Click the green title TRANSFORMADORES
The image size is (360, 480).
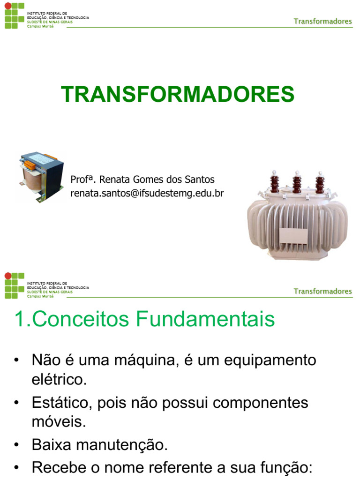point(178,94)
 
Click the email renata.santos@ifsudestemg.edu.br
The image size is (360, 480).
point(147,193)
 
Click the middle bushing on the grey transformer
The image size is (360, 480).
point(297,183)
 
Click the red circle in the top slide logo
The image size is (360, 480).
point(7,6)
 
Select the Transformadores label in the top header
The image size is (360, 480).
point(322,21)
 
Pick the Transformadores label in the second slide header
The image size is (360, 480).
point(322,291)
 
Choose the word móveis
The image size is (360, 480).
point(59,421)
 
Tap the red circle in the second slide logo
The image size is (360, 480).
point(7,276)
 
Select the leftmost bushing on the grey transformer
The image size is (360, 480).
point(273,183)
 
